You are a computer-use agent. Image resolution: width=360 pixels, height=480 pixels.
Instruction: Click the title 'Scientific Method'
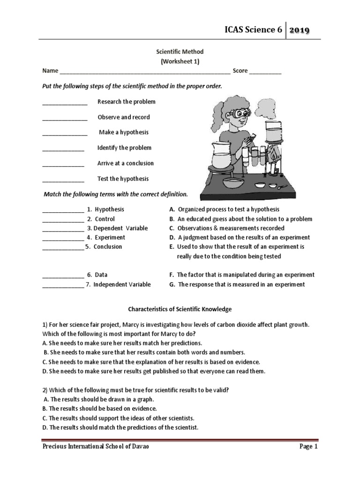[180, 52]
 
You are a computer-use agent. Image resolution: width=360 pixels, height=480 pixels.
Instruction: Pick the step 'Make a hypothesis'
[124, 132]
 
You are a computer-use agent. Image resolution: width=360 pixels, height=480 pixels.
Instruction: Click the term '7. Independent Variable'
[118, 284]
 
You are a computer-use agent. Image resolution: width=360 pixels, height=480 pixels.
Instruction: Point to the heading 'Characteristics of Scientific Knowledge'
[180, 309]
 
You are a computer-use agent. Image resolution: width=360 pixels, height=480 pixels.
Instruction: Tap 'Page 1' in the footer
[308, 447]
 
